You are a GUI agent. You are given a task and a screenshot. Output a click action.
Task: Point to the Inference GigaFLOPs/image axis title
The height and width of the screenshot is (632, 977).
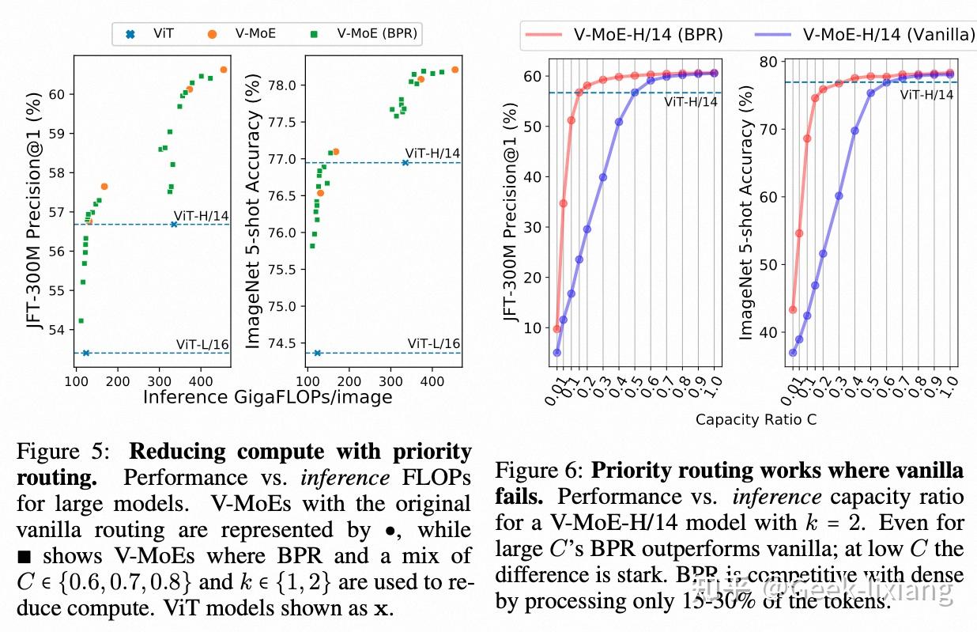(267, 397)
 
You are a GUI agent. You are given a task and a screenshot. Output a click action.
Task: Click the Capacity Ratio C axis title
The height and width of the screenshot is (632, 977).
(756, 420)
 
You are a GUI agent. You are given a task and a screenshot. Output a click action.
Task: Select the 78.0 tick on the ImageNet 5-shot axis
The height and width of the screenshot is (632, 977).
(281, 85)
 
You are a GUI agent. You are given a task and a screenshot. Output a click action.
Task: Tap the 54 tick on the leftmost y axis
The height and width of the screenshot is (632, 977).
(60, 329)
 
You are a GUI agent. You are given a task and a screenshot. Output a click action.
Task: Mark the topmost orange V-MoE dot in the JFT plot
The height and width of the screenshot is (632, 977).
(223, 70)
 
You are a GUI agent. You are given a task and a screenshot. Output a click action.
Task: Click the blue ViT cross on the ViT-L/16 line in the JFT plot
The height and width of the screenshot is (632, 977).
(85, 353)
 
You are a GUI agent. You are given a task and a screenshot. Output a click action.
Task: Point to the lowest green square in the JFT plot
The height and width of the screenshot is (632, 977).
(81, 320)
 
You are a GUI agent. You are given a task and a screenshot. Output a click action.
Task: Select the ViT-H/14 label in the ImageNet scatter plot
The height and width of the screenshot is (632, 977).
(432, 153)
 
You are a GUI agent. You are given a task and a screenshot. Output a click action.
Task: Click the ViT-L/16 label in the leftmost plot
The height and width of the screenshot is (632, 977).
(202, 343)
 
